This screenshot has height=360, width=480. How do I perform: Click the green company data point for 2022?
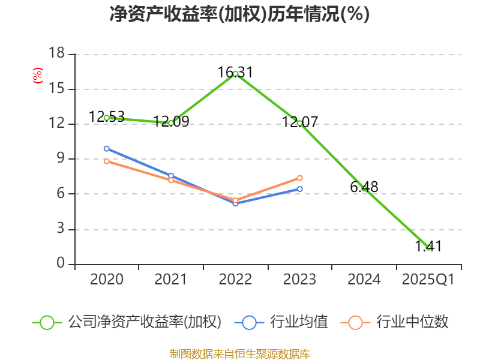coord(235,73)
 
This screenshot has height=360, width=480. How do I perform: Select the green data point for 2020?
coord(107,118)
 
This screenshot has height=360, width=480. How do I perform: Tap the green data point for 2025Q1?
coord(428,247)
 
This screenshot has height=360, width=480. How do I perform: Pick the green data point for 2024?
coord(364,188)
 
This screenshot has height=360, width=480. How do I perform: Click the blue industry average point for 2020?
coord(107,148)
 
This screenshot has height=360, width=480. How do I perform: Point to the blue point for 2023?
coord(300,189)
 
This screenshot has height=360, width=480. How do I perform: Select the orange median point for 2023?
coord(300,178)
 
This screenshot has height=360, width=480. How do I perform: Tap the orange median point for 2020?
coord(107,161)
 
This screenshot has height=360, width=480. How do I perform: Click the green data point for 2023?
coord(299,123)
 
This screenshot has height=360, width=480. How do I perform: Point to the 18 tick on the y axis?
coord(56,54)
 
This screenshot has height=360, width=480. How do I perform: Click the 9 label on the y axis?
coord(60,159)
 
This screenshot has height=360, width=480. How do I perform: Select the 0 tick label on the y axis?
coord(60,264)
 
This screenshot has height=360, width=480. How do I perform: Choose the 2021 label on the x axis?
coord(171,280)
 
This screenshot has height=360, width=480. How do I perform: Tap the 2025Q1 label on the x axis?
coord(428,280)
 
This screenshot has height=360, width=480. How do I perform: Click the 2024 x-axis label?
coord(364,280)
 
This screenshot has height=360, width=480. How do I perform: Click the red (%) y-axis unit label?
coord(37,76)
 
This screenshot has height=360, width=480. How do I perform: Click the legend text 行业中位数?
coord(412,322)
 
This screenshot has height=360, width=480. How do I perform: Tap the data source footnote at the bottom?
coord(240,353)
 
